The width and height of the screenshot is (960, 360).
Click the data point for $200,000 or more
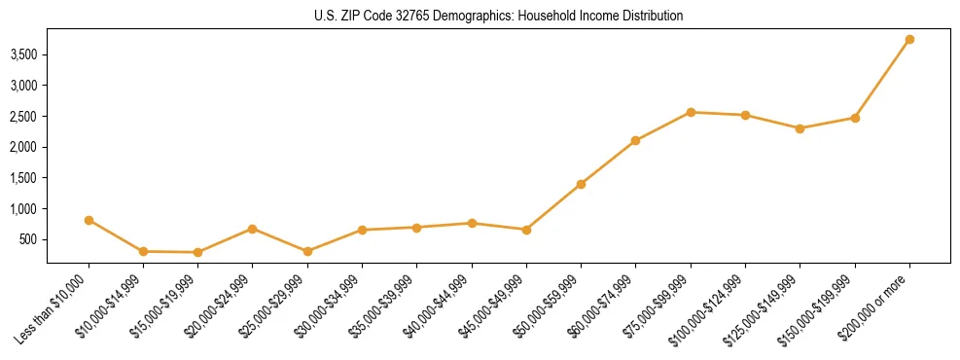909,40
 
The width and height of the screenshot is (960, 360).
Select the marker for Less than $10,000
89,220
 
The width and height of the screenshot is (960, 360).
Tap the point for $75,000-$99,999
691,112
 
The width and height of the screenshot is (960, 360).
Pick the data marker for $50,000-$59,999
581,184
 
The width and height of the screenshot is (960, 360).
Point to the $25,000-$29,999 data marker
307,251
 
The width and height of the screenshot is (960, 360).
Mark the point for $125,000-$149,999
800,128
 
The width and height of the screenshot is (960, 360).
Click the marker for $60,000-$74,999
635,141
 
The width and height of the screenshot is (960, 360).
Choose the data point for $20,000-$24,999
253,229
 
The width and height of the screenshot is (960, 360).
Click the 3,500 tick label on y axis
23,54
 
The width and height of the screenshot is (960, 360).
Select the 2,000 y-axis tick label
23,147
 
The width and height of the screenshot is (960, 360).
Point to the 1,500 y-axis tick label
23,178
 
